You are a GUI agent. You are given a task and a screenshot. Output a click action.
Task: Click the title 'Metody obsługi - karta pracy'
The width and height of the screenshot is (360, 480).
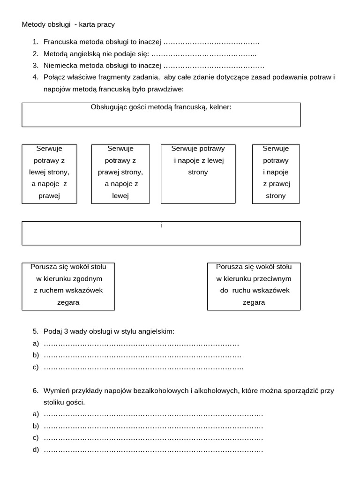(x=68, y=24)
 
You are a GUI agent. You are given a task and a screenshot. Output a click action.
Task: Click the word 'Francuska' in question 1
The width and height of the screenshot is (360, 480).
(x=60, y=42)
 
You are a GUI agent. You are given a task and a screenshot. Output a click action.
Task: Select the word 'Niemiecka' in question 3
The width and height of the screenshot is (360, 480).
(x=60, y=66)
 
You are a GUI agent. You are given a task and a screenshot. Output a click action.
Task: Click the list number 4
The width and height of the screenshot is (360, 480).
(x=36, y=77)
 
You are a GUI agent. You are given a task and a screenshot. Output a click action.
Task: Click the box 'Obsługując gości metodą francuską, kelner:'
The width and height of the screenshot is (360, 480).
(x=161, y=114)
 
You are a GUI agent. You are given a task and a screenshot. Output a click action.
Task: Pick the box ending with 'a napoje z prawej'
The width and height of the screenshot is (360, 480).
(x=49, y=174)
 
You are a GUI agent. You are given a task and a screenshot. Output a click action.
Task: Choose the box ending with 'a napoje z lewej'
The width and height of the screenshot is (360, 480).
(x=120, y=174)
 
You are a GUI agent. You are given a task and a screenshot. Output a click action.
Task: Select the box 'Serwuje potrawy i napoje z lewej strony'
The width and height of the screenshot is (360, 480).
(x=198, y=174)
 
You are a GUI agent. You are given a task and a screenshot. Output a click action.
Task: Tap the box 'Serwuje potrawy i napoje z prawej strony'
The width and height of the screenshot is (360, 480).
(x=276, y=174)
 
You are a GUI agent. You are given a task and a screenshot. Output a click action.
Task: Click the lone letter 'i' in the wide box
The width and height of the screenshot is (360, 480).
(x=161, y=225)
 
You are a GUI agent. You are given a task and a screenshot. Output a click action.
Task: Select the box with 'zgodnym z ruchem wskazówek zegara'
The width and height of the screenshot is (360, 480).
(x=68, y=286)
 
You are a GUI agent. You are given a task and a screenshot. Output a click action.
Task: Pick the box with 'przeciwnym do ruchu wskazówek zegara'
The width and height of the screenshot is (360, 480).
(x=254, y=286)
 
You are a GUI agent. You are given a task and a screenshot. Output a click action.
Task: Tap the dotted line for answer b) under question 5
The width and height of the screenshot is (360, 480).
(x=142, y=355)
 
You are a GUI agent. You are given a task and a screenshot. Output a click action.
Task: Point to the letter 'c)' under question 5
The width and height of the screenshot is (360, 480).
(x=36, y=367)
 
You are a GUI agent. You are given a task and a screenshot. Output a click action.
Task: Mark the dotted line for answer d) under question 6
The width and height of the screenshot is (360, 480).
(x=153, y=450)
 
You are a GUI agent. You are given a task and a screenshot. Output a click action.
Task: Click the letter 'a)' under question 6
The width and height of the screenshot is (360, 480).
(x=36, y=414)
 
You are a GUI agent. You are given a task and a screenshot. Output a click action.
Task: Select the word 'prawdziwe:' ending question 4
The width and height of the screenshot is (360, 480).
(x=167, y=89)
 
